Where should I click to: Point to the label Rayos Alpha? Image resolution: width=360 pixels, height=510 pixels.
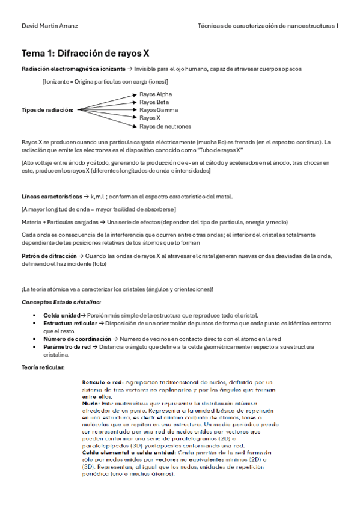coord(156,94)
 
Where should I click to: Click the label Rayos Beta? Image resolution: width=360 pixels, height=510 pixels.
coord(154,102)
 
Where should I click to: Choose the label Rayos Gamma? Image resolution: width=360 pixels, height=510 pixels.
coord(157,110)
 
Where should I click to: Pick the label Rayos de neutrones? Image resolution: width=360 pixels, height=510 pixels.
coord(165,126)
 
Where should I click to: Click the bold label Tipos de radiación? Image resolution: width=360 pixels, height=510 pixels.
coord(47,110)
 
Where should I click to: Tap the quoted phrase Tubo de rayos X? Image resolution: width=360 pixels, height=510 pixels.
coord(222,150)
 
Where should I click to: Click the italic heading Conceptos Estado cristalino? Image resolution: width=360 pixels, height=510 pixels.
coord(61,301)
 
